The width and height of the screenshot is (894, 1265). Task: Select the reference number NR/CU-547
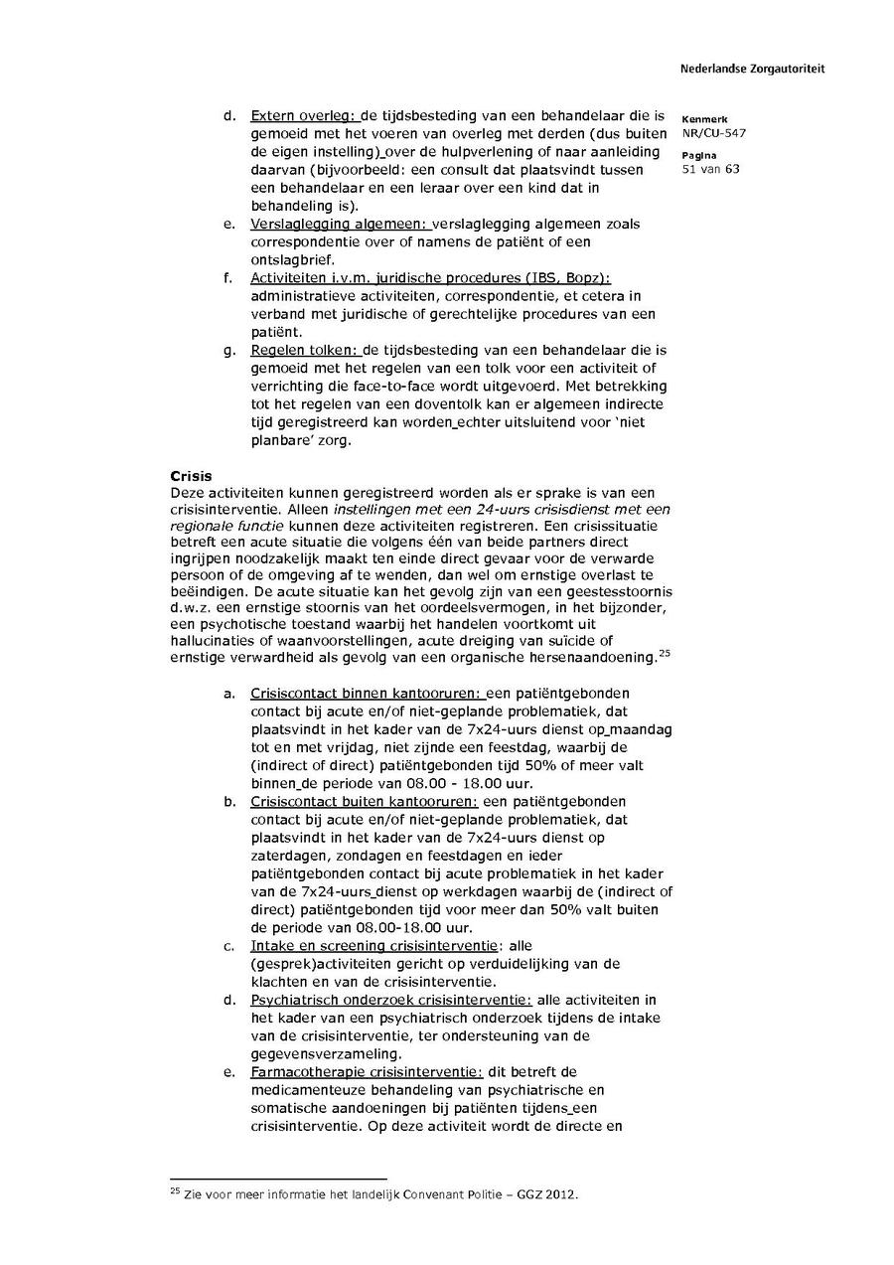[714, 133]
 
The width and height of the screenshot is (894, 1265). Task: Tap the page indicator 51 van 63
[710, 169]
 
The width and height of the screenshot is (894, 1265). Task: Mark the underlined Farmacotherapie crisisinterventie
[367, 1071]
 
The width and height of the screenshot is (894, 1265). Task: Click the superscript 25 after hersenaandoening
[665, 653]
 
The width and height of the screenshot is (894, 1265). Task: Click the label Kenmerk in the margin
[704, 119]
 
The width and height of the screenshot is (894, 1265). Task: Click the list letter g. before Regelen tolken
[229, 350]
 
